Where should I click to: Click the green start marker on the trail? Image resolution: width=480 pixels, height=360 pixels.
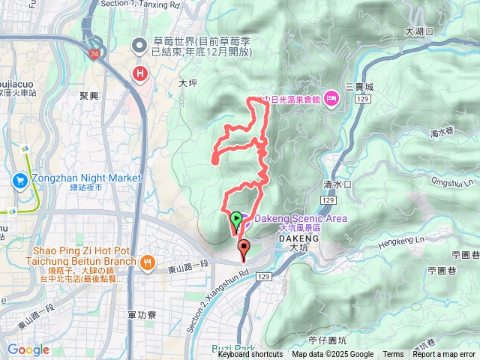click(x=236, y=220)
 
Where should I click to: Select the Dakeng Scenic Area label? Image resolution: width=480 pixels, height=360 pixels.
click(x=300, y=218)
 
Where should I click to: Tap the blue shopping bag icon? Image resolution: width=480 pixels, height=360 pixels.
click(x=19, y=180)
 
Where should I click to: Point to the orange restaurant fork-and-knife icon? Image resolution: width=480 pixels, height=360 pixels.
click(x=147, y=262)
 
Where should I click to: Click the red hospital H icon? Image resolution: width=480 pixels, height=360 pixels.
click(x=139, y=73)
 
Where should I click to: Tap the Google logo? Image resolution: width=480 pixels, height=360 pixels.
click(x=28, y=349)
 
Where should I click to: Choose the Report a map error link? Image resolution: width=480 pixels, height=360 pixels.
click(x=443, y=355)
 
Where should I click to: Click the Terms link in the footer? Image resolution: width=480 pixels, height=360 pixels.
click(x=393, y=355)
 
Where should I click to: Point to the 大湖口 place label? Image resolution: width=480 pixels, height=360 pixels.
click(x=419, y=31)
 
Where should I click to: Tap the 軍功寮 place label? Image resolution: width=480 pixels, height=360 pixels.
click(x=142, y=316)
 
